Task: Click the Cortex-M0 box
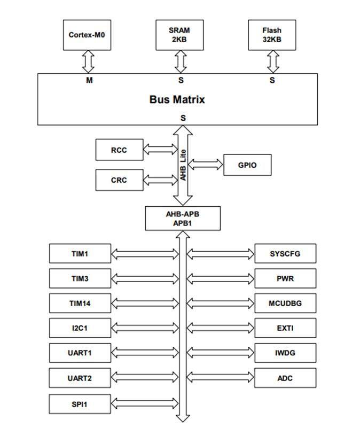tap(87, 35)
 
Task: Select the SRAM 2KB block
tap(179, 35)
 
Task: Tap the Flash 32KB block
tap(272, 35)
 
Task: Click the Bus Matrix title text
tap(177, 99)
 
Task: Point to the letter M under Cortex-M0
tap(89, 80)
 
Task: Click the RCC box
tap(120, 150)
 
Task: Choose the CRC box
tap(120, 180)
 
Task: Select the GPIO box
tap(247, 165)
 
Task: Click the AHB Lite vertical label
tap(183, 165)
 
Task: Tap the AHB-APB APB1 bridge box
tap(183, 219)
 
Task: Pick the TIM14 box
tap(80, 303)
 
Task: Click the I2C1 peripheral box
tap(80, 328)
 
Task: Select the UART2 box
tap(80, 378)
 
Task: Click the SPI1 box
tap(80, 404)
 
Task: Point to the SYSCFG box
tap(286, 254)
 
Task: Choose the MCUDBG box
tap(286, 303)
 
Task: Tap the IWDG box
tap(286, 353)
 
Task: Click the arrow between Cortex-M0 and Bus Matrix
tap(89, 62)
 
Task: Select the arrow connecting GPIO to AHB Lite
tap(206, 165)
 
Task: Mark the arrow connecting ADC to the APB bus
tap(220, 378)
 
